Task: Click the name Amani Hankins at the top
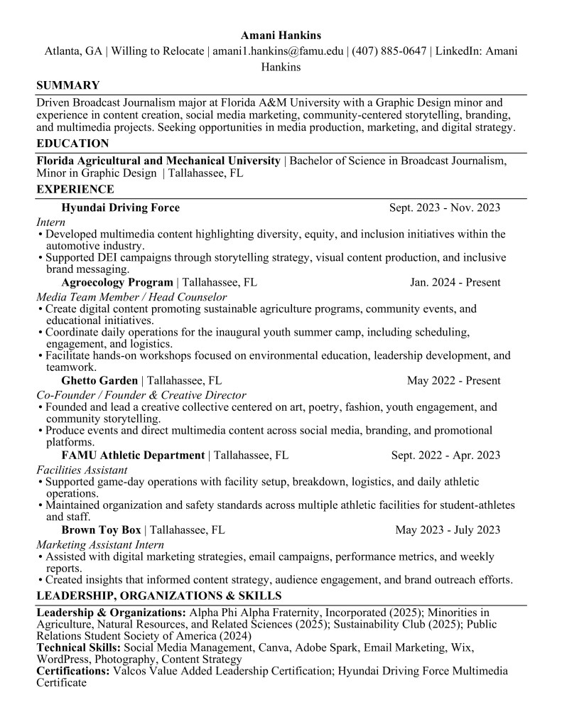tap(281, 34)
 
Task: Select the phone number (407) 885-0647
tap(389, 51)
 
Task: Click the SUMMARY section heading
tap(67, 85)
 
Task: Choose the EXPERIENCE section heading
tap(75, 190)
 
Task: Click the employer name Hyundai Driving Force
tap(120, 208)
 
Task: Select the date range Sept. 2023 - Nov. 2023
tap(444, 208)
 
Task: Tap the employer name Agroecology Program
tap(117, 282)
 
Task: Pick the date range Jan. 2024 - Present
tap(455, 282)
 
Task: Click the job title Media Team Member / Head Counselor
tap(131, 296)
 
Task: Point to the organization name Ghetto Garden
tap(99, 381)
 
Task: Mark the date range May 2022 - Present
tap(453, 381)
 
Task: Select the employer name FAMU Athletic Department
tap(133, 456)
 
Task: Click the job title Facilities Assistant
tap(82, 470)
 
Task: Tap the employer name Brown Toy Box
tap(101, 529)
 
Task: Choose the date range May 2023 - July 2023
tap(447, 529)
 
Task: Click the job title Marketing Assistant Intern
tap(100, 544)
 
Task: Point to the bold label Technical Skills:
tap(79, 648)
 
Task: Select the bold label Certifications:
tap(73, 671)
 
